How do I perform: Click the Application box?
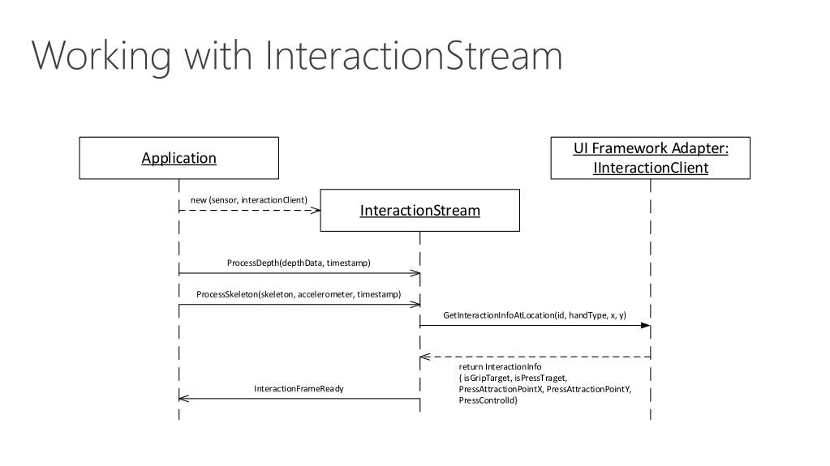(179, 158)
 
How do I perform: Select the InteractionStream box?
(419, 210)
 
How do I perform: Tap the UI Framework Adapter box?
(651, 158)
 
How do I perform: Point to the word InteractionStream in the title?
(414, 55)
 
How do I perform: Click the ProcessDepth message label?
(299, 263)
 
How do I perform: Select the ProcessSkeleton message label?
(299, 294)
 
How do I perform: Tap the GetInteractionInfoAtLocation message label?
(535, 315)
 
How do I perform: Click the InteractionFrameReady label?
(299, 389)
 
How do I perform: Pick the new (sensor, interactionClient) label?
(249, 200)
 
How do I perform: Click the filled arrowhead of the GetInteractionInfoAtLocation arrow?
(646, 325)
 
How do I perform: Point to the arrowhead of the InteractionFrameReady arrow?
(183, 398)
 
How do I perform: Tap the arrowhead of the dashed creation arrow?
(316, 211)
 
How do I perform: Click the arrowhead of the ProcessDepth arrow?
(415, 273)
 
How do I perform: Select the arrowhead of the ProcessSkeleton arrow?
(415, 305)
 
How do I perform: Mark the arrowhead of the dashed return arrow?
(425, 357)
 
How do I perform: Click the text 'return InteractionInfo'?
(501, 366)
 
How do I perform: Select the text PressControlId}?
(488, 400)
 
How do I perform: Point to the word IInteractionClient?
(651, 168)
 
